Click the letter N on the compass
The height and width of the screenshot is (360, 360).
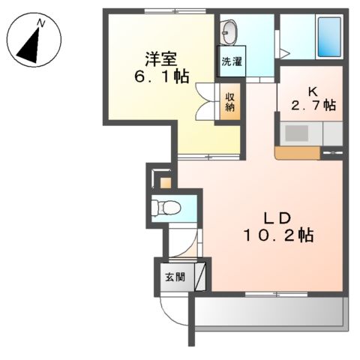pyautogui.click(x=40, y=24)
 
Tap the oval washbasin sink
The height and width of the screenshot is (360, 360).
pyautogui.click(x=230, y=32)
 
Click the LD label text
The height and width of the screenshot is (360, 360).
pyautogui.click(x=276, y=218)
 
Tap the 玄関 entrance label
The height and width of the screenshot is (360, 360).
pyautogui.click(x=173, y=276)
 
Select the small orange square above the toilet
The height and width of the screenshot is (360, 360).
pyautogui.click(x=165, y=181)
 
